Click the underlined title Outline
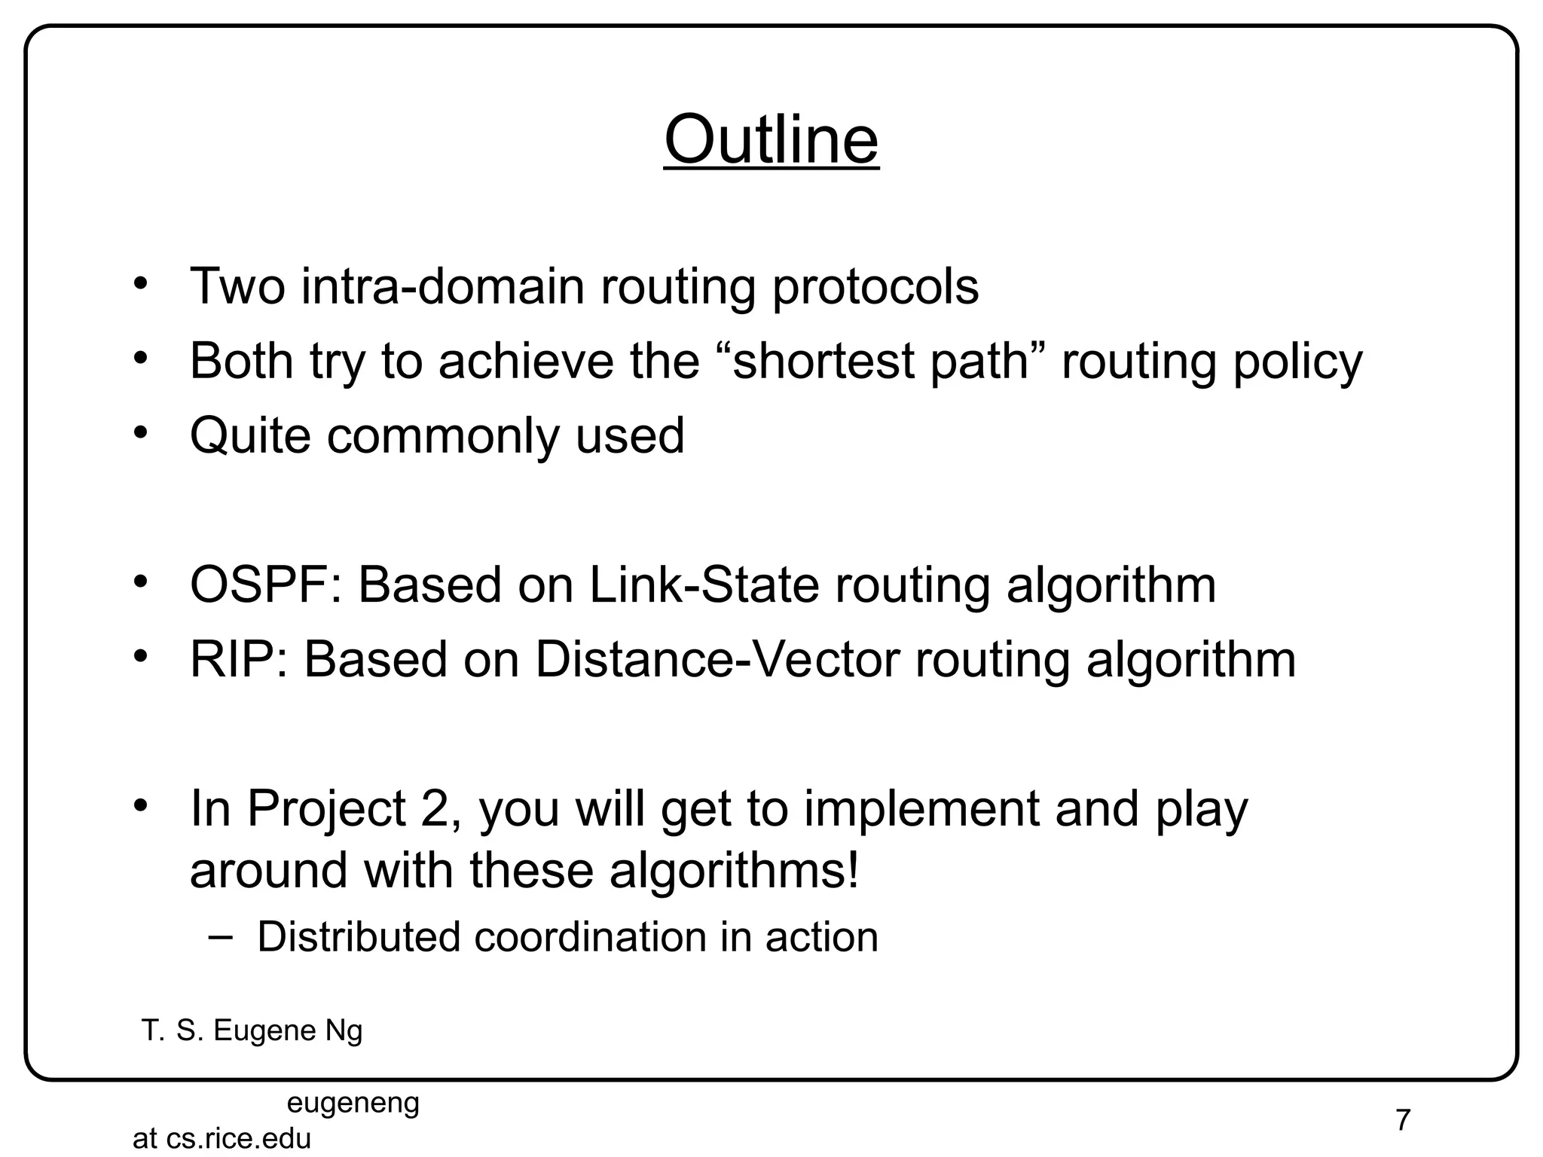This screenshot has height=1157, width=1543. click(771, 140)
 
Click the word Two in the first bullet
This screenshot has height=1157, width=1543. click(237, 286)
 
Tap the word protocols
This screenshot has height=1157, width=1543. click(875, 288)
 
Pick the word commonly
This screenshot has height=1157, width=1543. click(443, 437)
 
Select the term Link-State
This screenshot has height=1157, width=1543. click(704, 585)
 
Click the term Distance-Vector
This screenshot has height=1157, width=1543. click(717, 659)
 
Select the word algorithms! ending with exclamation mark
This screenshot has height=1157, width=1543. click(734, 871)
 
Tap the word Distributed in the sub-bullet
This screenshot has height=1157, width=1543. click(359, 937)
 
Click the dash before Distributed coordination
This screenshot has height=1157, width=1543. click(219, 936)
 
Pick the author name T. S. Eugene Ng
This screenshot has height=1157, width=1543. click(252, 1030)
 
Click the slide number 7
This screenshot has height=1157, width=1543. click(1402, 1120)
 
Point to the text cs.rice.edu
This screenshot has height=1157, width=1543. click(238, 1138)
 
